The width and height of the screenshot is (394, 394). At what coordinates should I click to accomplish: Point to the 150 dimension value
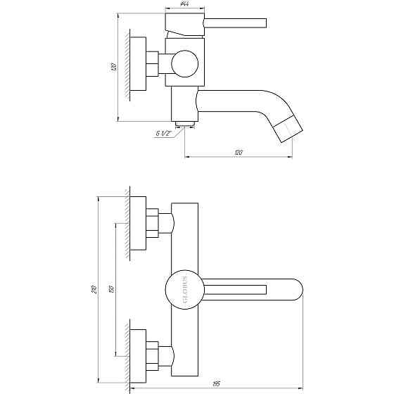tap(114, 289)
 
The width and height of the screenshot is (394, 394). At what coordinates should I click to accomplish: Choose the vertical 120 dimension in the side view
tap(113, 67)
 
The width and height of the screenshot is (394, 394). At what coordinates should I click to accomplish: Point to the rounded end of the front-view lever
tap(295, 288)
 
